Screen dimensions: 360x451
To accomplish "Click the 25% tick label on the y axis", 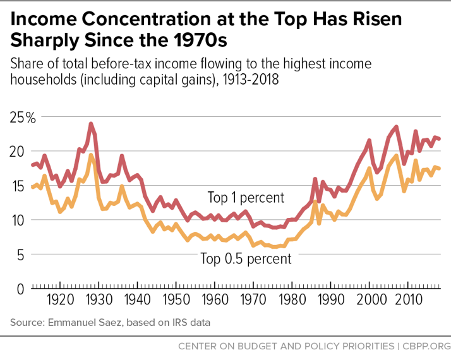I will (x=23, y=117).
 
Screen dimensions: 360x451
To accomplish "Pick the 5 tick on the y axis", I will (x=21, y=255).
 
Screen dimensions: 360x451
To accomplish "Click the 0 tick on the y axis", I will (x=21, y=289).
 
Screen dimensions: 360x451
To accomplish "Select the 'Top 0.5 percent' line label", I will (x=246, y=258).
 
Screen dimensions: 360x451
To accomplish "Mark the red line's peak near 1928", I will (x=91, y=124).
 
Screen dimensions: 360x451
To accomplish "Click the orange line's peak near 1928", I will (x=91, y=155).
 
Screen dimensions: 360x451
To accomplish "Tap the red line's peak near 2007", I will (x=396, y=127).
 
